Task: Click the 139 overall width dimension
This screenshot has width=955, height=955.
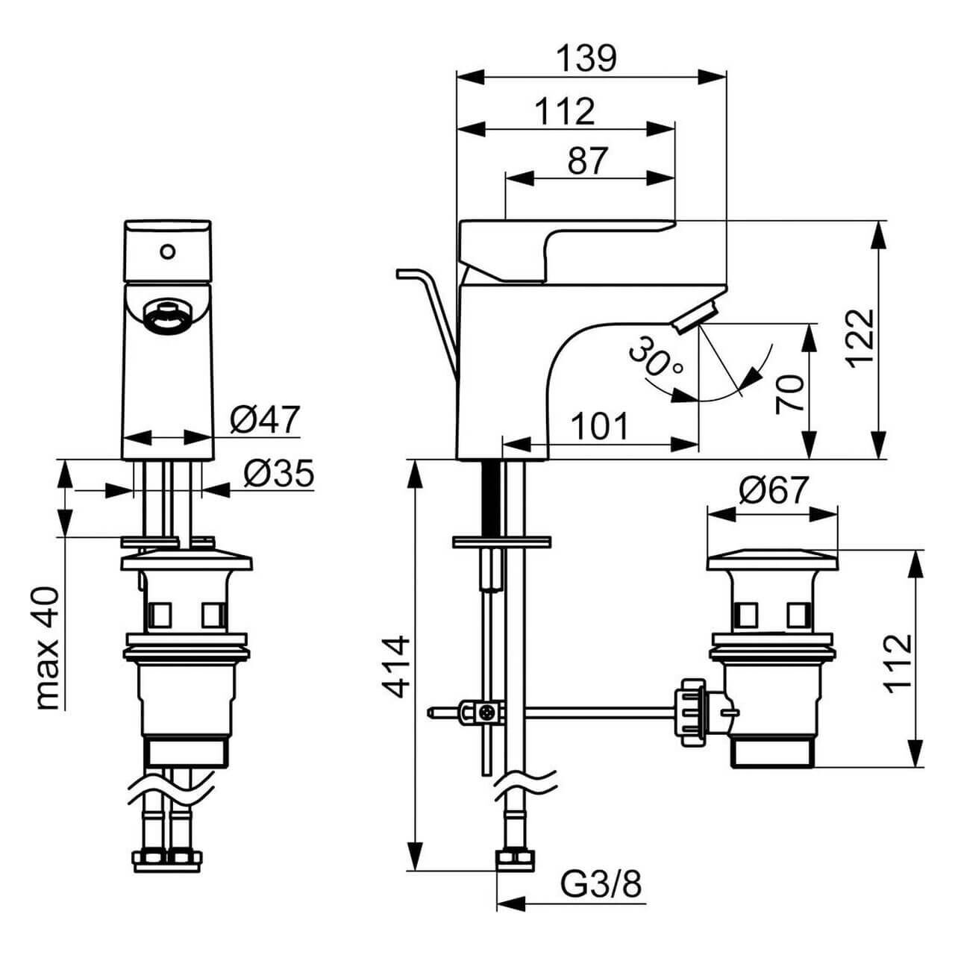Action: click(588, 59)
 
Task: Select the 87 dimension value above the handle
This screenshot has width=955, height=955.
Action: click(588, 160)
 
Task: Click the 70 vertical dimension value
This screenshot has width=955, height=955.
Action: click(790, 395)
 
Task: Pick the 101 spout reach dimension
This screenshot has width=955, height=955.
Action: click(600, 427)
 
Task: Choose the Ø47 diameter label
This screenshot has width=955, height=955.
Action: click(264, 420)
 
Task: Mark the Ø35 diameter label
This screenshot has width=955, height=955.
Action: click(278, 474)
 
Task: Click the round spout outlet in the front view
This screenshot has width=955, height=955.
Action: click(166, 315)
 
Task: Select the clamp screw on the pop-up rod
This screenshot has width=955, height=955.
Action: click(487, 713)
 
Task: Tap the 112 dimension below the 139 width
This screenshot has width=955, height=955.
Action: click(565, 112)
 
